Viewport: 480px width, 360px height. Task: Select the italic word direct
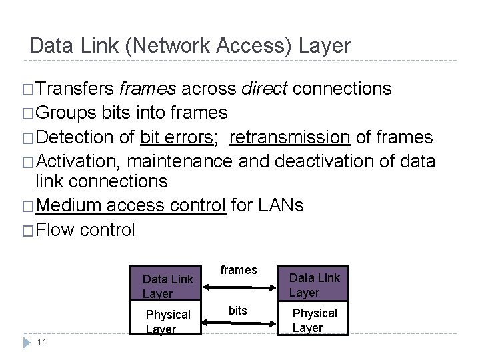pyautogui.click(x=265, y=89)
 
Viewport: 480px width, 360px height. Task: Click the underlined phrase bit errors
pyautogui.click(x=176, y=137)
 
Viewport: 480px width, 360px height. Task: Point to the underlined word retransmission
pyautogui.click(x=290, y=137)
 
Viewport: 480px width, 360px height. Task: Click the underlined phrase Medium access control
pyautogui.click(x=131, y=205)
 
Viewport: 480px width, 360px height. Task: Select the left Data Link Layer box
pyautogui.click(x=167, y=286)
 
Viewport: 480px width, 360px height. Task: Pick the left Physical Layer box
pyautogui.click(x=167, y=321)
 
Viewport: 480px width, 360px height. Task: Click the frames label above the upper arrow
pyautogui.click(x=238, y=270)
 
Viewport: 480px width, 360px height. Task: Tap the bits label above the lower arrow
pyautogui.click(x=238, y=311)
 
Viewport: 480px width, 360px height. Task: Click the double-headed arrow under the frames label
pyautogui.click(x=241, y=287)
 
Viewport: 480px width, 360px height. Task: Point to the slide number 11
pyautogui.click(x=41, y=342)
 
